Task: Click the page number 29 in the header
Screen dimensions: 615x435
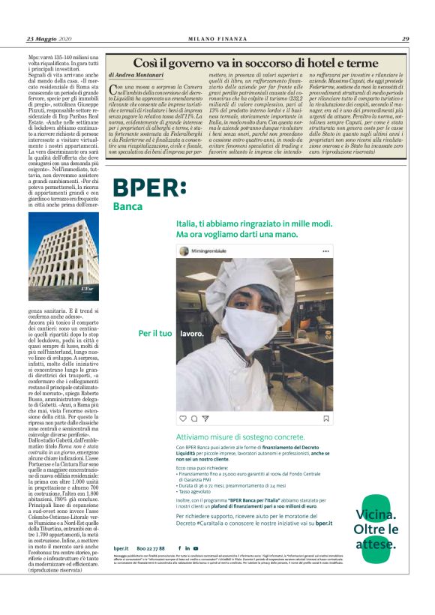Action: (x=405, y=39)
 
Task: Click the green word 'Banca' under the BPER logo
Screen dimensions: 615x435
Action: (x=128, y=206)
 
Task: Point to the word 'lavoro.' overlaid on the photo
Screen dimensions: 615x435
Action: (x=191, y=332)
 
